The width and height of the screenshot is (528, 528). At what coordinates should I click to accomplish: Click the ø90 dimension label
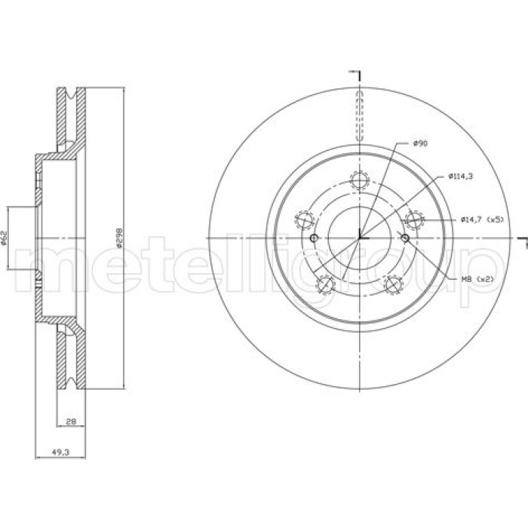420,143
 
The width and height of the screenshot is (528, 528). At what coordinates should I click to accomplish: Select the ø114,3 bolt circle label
461,176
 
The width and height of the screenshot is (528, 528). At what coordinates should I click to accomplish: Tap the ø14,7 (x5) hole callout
482,219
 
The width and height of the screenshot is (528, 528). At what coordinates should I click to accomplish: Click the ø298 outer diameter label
119,238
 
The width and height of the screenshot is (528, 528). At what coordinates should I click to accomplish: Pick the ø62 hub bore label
4,238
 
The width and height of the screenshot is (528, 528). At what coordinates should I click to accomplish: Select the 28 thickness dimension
71,421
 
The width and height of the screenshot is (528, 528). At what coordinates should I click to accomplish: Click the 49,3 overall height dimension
60,453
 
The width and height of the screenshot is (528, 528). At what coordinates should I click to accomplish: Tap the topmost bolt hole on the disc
360,180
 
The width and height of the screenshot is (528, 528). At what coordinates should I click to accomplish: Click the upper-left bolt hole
305,220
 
